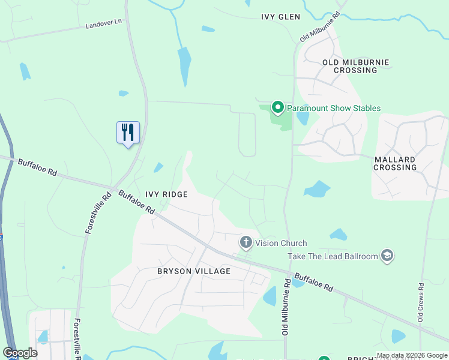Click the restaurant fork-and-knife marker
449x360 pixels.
tap(128, 132)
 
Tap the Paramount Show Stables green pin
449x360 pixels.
tap(277, 107)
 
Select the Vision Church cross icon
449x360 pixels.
tap(246, 242)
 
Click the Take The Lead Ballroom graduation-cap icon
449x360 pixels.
tap(387, 256)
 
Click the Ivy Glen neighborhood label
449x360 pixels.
tap(280, 17)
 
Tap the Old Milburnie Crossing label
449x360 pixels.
tap(356, 66)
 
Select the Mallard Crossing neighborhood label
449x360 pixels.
tap(395, 163)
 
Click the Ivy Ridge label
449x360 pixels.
tap(166, 194)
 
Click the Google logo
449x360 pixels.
tap(20, 353)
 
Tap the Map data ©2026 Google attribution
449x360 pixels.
tap(412, 356)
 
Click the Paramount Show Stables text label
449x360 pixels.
tap(333, 108)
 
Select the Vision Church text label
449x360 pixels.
tap(281, 243)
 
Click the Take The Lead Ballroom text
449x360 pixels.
tap(332, 256)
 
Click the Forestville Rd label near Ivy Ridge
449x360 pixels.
tap(98, 212)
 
